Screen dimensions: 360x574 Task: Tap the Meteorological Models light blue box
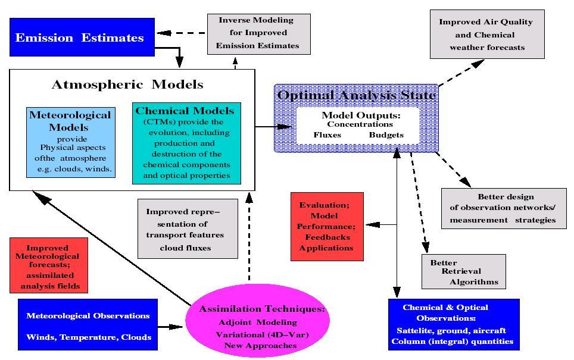[x=70, y=142]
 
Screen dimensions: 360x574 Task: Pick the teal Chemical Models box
[x=186, y=143]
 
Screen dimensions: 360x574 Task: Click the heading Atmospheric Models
[x=127, y=84]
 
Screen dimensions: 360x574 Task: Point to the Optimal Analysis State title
[x=355, y=95]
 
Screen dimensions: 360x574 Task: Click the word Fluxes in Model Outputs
[x=327, y=135]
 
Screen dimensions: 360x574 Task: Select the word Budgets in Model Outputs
[x=386, y=135]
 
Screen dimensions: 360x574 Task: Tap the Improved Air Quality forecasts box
[x=486, y=34]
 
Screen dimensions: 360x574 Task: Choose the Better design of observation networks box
[x=504, y=208]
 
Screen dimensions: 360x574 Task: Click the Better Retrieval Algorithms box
[x=463, y=272]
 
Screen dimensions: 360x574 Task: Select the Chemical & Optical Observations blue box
[x=453, y=324]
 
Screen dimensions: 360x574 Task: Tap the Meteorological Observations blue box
[x=88, y=326]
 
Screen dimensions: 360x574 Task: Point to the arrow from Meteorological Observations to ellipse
[x=171, y=327]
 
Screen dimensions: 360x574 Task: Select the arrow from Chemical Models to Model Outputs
[x=274, y=127]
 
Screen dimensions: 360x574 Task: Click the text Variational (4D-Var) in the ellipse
[x=262, y=334]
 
